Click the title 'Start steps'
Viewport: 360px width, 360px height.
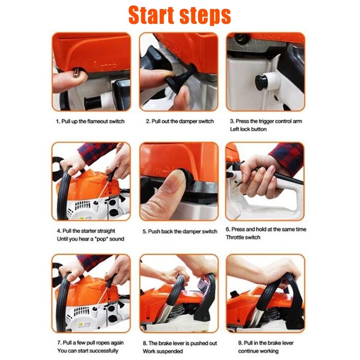pyautogui.click(x=180, y=16)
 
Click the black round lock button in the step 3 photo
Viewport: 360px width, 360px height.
pyautogui.click(x=261, y=82)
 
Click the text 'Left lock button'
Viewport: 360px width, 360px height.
pyautogui.click(x=248, y=129)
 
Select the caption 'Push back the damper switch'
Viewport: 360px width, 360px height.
pyautogui.click(x=183, y=231)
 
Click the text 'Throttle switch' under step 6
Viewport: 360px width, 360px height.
pyautogui.click(x=243, y=238)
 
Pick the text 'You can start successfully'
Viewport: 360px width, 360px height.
pyautogui.click(x=88, y=351)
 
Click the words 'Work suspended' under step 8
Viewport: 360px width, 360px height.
pyautogui.click(x=163, y=351)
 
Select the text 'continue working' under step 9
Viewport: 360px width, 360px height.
pyautogui.click(x=258, y=351)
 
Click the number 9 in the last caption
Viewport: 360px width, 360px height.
pyautogui.click(x=240, y=343)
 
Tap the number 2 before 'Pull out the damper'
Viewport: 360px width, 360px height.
pyautogui.click(x=148, y=121)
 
